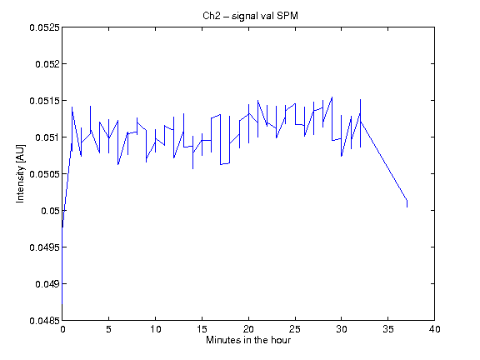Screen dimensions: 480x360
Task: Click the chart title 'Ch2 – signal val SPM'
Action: pos(250,16)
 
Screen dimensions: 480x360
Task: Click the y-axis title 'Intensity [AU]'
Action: pos(21,173)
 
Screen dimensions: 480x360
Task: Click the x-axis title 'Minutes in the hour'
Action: pos(248,340)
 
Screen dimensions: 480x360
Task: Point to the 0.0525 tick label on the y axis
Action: pos(44,27)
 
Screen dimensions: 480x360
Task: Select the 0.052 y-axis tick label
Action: pos(47,64)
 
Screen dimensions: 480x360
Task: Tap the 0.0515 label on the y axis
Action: pos(44,101)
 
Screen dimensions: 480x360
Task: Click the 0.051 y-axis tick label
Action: pos(47,137)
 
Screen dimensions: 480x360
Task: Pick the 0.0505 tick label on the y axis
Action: pos(44,174)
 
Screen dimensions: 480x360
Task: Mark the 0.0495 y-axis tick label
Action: pos(44,247)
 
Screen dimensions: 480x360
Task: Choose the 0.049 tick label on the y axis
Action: pos(47,284)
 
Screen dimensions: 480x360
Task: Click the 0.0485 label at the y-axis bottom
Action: pos(44,321)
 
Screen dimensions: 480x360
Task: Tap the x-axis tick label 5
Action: pos(108,329)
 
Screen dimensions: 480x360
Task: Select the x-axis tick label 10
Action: pos(155,329)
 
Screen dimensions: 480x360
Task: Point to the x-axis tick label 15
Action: pos(202,329)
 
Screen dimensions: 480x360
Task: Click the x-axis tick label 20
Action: pos(248,329)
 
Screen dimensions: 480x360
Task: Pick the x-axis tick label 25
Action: pos(295,329)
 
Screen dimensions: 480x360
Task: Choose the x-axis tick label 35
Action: pos(387,329)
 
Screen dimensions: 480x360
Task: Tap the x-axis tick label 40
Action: pos(434,329)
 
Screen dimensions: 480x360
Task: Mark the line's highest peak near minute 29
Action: pos(332,97)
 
